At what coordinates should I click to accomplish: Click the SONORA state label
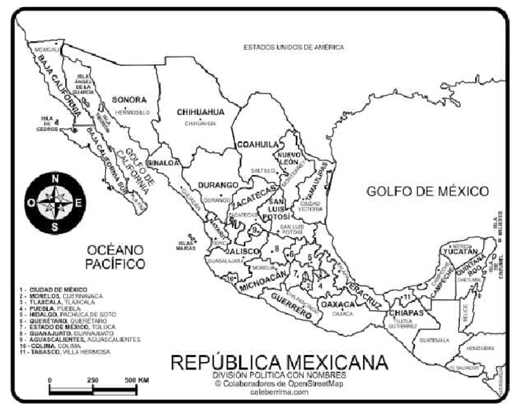click(x=129, y=99)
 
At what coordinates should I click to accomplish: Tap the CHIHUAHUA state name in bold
click(x=200, y=111)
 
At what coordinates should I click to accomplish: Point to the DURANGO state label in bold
click(x=218, y=185)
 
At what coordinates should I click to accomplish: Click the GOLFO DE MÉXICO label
click(x=427, y=191)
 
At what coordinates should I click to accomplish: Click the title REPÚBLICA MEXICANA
click(x=279, y=363)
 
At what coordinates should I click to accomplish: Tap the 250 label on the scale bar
click(x=93, y=381)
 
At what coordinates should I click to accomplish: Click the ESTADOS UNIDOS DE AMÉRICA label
click(x=293, y=47)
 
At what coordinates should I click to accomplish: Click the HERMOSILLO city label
click(x=132, y=111)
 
